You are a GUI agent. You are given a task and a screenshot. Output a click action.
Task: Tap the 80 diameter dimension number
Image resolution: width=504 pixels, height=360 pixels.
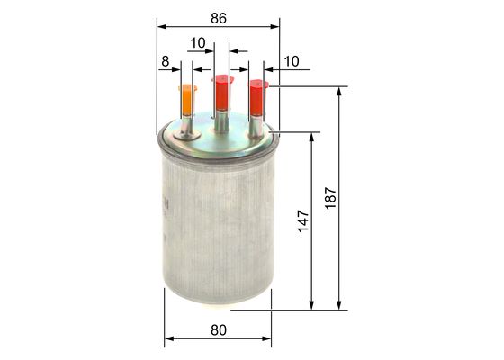218,329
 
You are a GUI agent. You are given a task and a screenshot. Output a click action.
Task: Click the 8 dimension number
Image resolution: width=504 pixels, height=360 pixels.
165,61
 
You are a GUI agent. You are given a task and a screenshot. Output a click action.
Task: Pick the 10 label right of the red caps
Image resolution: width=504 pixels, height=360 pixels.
291,61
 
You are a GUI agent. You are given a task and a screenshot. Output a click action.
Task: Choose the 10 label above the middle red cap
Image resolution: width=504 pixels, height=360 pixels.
198,42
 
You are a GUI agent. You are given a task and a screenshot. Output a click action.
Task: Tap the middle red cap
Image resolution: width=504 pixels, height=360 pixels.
221,92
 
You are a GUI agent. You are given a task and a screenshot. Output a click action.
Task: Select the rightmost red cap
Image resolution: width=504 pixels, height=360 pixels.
257,97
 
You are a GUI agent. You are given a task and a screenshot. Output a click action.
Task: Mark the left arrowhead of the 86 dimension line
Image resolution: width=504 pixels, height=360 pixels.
160,27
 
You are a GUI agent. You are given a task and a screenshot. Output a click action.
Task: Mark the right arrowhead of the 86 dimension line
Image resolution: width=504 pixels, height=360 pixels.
275,27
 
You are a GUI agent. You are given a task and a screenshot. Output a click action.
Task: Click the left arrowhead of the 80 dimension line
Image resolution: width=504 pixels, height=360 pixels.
168,340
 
